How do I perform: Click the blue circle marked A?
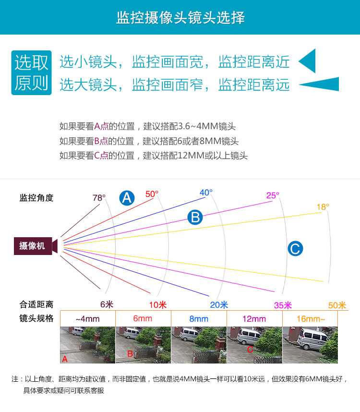[x=127, y=198]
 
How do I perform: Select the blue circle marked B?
[x=195, y=218]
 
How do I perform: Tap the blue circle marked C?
[x=295, y=248]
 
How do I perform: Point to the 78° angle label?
[x=99, y=197]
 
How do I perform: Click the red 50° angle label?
[x=152, y=194]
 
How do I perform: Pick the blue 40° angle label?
[x=206, y=193]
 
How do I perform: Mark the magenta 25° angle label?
[x=273, y=195]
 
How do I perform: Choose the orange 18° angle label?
[x=323, y=207]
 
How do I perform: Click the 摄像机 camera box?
[x=33, y=246]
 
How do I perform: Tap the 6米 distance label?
[x=107, y=304]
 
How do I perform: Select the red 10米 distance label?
[x=158, y=305]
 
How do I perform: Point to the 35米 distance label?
[x=283, y=305]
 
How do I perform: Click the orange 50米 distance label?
[x=337, y=305]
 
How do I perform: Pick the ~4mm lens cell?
[x=88, y=319]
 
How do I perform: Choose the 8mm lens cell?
[x=199, y=319]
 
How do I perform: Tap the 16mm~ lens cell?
[x=310, y=319]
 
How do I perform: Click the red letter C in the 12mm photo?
[x=250, y=349]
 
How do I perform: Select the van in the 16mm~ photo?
[x=313, y=339]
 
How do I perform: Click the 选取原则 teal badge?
[x=31, y=73]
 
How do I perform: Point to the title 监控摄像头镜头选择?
[x=180, y=18]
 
